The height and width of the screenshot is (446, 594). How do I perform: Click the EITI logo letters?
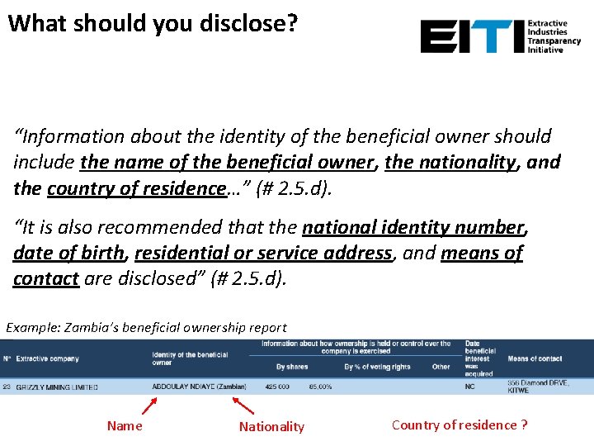[x=471, y=37]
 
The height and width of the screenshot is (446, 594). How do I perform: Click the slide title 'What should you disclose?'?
[x=153, y=22]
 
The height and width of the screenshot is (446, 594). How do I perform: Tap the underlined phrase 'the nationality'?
[x=450, y=162]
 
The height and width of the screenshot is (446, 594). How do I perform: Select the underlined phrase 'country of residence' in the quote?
[x=137, y=188]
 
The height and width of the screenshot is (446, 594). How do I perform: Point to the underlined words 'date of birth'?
[x=68, y=253]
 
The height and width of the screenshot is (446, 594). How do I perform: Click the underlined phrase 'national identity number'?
[x=413, y=226]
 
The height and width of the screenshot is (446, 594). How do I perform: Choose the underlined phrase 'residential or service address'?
[x=262, y=253]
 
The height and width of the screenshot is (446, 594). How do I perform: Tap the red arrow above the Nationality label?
[x=243, y=406]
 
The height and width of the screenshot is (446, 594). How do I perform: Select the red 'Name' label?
[x=125, y=426]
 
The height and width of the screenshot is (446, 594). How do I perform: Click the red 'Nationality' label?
[x=271, y=427]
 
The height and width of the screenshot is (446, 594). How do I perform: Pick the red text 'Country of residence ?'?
[x=460, y=425]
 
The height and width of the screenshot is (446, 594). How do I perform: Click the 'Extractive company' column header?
[x=48, y=359]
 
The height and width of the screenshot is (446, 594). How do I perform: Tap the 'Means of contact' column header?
[x=535, y=359]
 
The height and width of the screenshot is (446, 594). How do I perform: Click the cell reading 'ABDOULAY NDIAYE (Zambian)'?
[x=199, y=387]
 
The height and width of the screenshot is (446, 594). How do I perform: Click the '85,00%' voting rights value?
[x=321, y=387]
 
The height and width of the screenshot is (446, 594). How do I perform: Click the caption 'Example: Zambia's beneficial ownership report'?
[x=147, y=328]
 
